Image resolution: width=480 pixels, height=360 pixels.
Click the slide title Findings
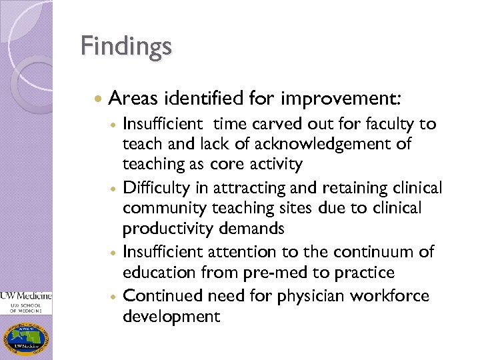pyautogui.click(x=126, y=47)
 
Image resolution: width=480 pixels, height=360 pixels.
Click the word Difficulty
pyautogui.click(x=155, y=189)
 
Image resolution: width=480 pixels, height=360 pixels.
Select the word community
pyautogui.click(x=167, y=209)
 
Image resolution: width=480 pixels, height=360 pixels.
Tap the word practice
pyautogui.click(x=366, y=273)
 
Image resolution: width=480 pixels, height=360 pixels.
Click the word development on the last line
pyautogui.click(x=171, y=316)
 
